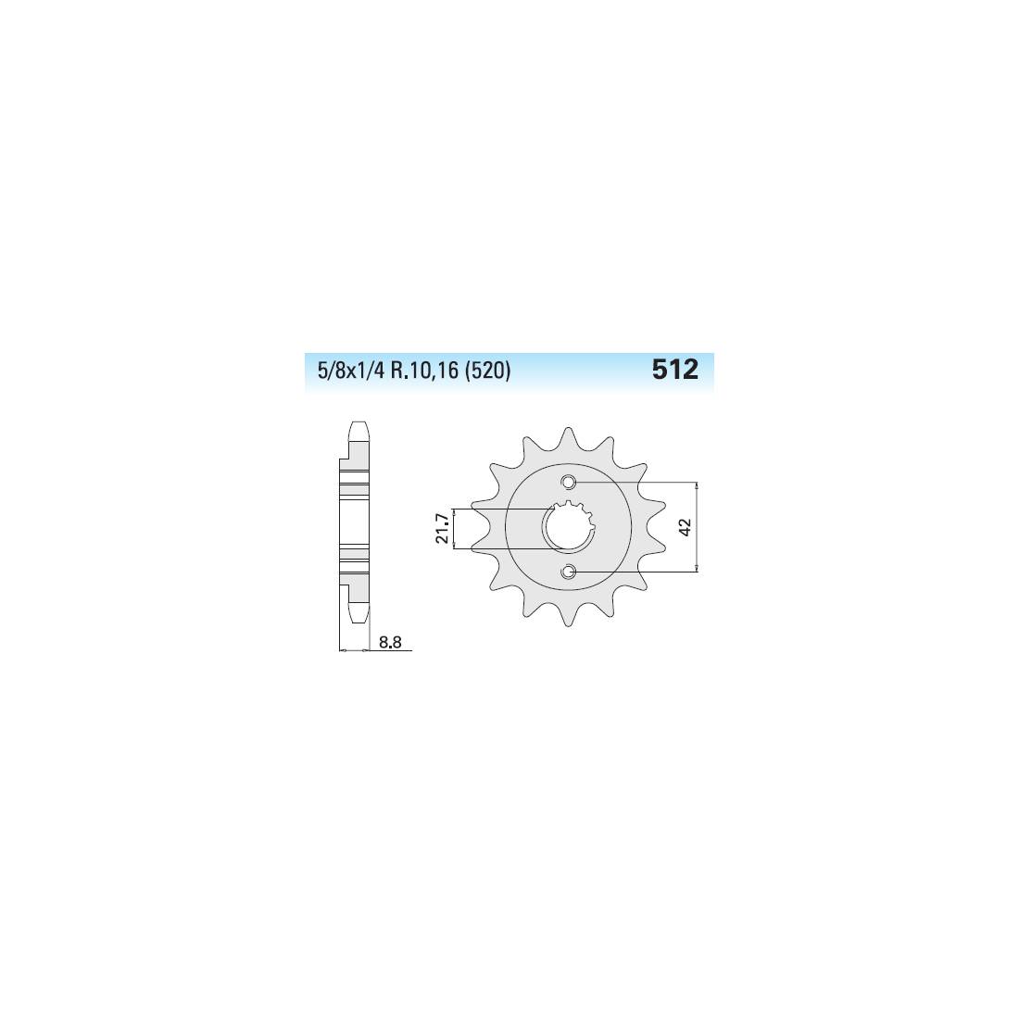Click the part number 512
click(x=674, y=370)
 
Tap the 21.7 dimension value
click(x=443, y=528)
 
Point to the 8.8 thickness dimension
click(x=390, y=643)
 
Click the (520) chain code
click(x=487, y=371)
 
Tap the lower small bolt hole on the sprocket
click(x=570, y=572)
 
